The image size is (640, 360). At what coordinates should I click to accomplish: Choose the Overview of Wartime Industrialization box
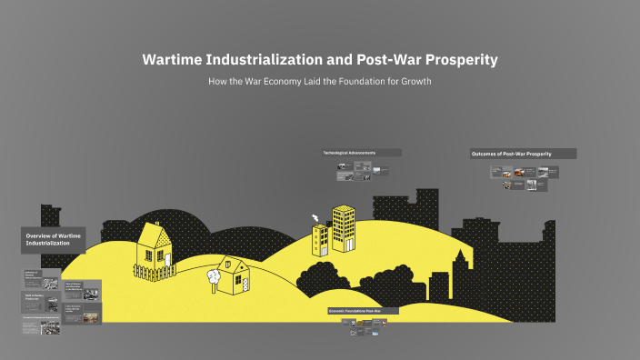[53, 240]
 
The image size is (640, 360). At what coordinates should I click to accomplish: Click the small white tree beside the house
[214, 274]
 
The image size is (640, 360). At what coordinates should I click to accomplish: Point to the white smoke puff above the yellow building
[316, 218]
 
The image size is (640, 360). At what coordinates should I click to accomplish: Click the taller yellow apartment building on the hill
[343, 229]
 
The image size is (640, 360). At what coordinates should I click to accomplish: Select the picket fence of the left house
[154, 270]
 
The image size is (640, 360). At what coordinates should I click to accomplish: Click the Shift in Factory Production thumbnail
[42, 299]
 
